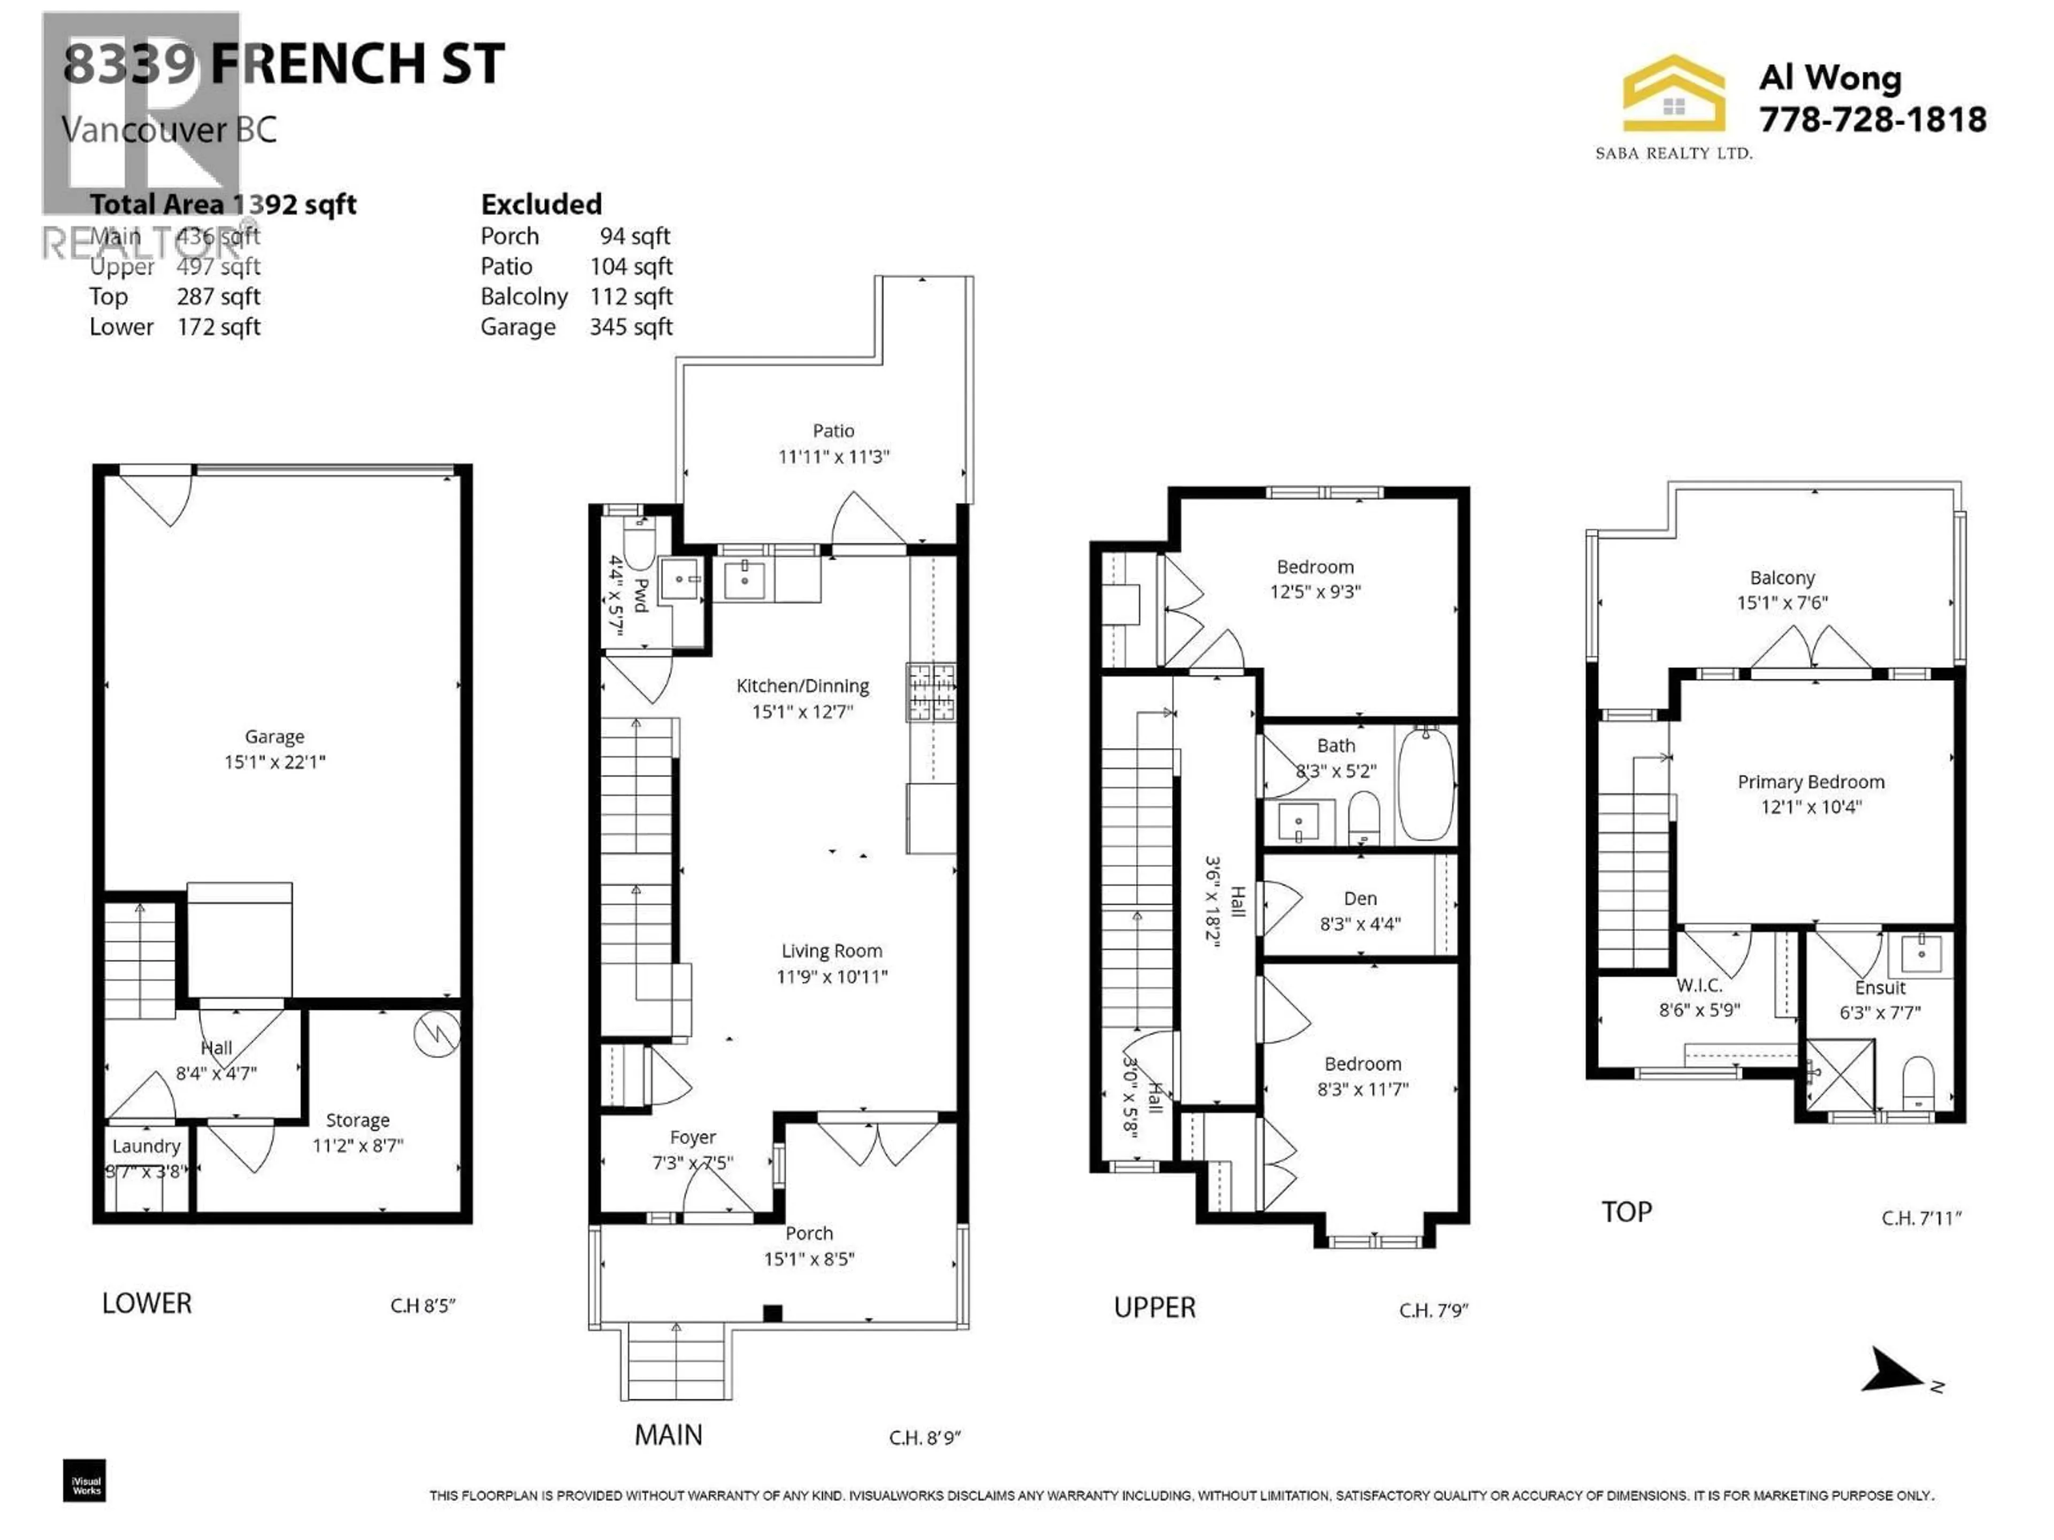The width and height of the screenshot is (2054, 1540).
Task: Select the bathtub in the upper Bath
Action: [1425, 784]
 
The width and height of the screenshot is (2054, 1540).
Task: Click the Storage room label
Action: [357, 1120]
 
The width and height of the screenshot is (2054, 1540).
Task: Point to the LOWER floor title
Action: [147, 1303]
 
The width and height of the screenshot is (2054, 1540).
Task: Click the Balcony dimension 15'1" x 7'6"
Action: [1781, 603]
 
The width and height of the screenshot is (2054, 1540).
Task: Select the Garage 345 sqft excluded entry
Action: [576, 327]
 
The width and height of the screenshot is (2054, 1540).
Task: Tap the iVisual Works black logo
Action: [85, 1480]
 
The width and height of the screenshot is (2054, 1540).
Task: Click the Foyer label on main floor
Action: [693, 1137]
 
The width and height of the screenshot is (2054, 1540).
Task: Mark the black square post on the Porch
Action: [772, 1313]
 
